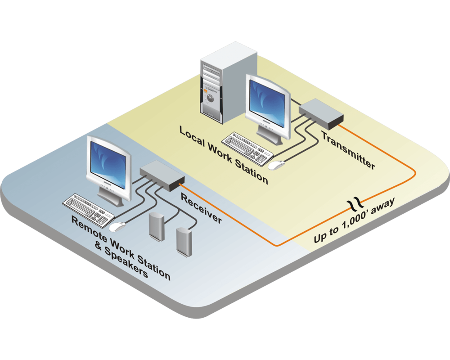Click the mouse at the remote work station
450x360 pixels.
click(118, 226)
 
